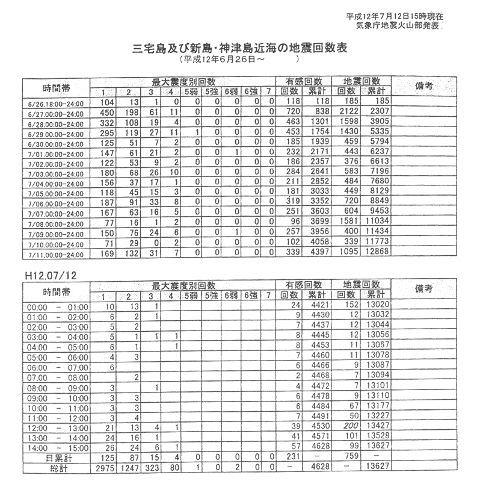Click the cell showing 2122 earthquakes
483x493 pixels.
(350, 112)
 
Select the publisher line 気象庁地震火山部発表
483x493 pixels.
(396, 26)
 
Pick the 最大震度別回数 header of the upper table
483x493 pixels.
(183, 81)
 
